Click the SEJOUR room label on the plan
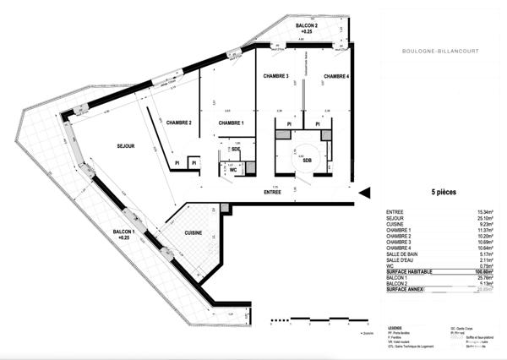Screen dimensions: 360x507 coord(126,146)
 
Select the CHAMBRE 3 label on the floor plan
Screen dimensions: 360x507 coord(276,76)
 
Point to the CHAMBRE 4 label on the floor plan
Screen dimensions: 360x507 coord(335,76)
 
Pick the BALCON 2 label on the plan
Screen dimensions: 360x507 coord(308,29)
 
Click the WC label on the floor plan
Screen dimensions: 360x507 coord(232,168)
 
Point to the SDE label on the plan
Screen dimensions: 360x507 coord(224,149)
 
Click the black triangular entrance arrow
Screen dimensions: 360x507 coord(364,193)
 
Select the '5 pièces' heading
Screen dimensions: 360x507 coord(446,193)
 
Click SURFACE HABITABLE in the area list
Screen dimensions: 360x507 coord(408,271)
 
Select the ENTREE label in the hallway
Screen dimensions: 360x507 coord(272,193)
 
